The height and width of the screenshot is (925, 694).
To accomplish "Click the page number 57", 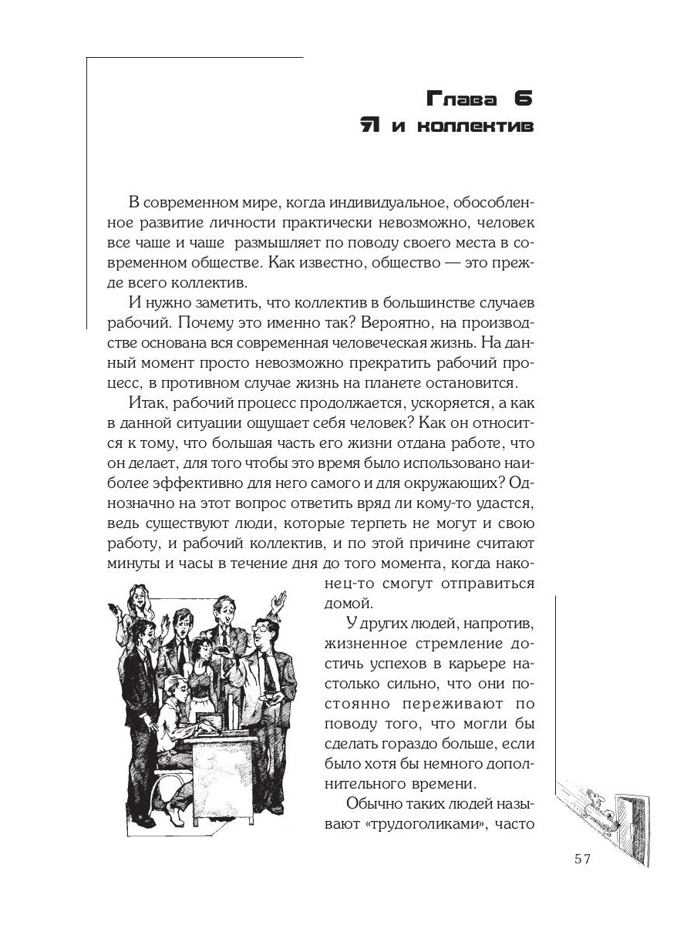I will pos(583,859).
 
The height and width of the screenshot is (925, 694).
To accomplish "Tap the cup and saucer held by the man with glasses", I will pos(272,698).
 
